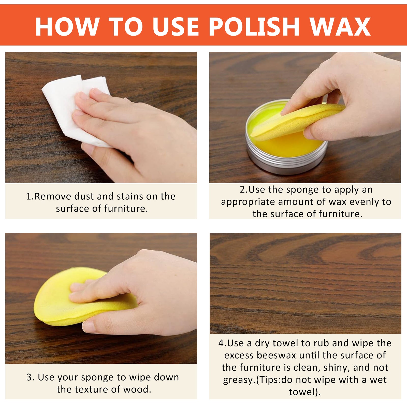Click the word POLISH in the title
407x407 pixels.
pyautogui.click(x=254, y=27)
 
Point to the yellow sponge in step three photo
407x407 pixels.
pyautogui.click(x=56, y=300)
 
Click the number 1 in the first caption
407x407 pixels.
pyautogui.click(x=28, y=197)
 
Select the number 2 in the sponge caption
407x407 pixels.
pyautogui.click(x=242, y=190)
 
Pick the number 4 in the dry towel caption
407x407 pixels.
pyautogui.click(x=221, y=343)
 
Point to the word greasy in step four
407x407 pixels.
pyautogui.click(x=238, y=380)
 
